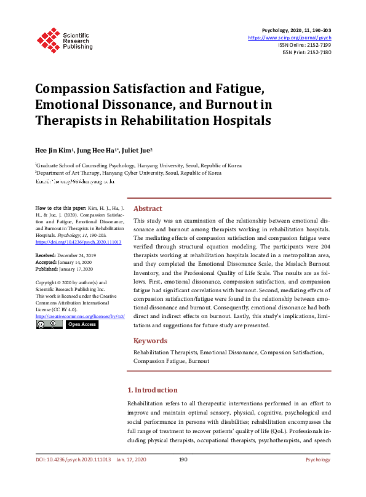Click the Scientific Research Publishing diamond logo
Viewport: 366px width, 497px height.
pyautogui.click(x=47, y=38)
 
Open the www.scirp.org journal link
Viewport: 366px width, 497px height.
pyautogui.click(x=290, y=38)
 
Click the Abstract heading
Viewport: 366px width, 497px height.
pyautogui.click(x=148, y=209)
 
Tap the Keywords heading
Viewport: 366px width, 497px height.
pyautogui.click(x=150, y=341)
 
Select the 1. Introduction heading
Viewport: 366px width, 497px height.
pyautogui.click(x=152, y=390)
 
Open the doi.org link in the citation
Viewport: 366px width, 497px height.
pyautogui.click(x=78, y=242)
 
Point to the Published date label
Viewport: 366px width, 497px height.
pyautogui.click(x=47, y=268)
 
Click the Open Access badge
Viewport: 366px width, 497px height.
pyautogui.click(x=81, y=324)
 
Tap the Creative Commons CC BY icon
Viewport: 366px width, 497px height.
pyautogui.click(x=49, y=324)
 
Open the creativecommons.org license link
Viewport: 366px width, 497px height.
pyautogui.click(x=80, y=316)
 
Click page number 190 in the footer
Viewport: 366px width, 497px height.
pyautogui.click(x=183, y=459)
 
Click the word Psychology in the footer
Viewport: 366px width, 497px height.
pyautogui.click(x=318, y=459)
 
